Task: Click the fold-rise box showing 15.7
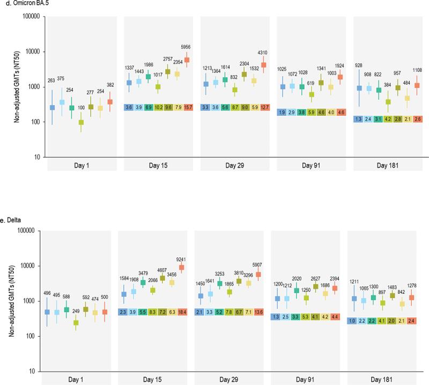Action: pos(187,107)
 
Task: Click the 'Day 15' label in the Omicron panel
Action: pos(156,165)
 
